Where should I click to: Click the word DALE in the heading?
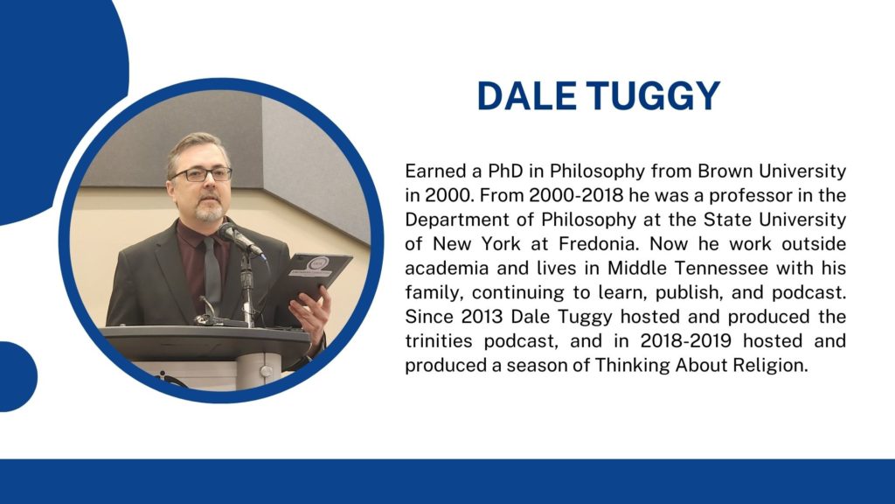[x=527, y=95]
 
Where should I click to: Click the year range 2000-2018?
[x=576, y=195]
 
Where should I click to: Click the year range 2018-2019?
[x=685, y=340]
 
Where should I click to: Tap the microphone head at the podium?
[x=231, y=233]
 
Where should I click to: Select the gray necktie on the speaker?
[x=212, y=274]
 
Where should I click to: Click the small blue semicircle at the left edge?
[x=17, y=376]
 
